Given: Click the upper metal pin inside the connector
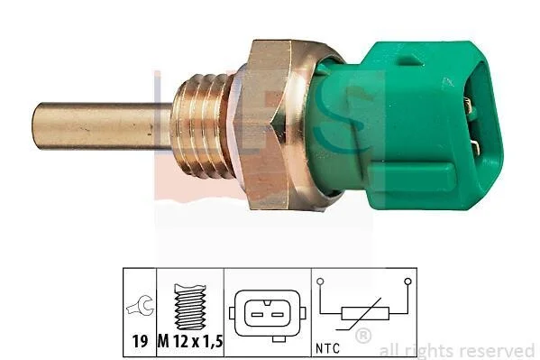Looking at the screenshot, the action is point(468,104).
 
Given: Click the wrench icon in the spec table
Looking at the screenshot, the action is point(140,306).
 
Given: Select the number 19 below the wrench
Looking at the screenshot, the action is point(140,341).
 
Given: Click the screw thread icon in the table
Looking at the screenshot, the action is point(190,307).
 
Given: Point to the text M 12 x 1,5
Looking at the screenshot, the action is point(190,341).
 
